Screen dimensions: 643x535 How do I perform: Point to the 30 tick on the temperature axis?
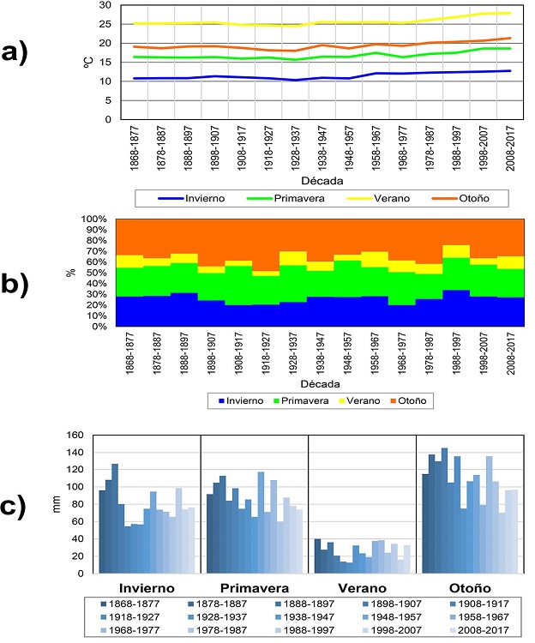click(104, 5)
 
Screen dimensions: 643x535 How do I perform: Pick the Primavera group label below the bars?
click(253, 588)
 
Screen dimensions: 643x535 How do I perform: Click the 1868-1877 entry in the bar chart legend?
click(142, 604)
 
